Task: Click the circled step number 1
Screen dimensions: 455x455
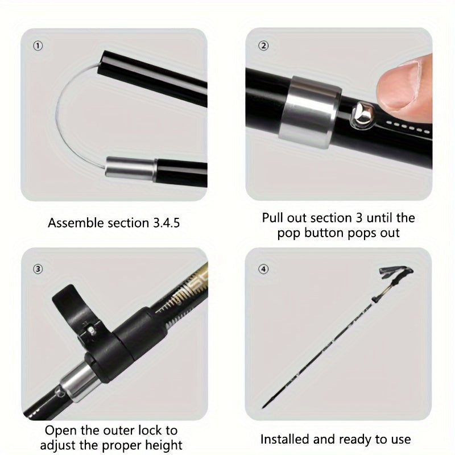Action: pyautogui.click(x=38, y=45)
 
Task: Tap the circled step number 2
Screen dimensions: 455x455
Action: pyautogui.click(x=263, y=45)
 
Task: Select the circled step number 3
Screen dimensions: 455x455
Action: pyautogui.click(x=38, y=269)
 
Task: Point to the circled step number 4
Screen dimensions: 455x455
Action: pyautogui.click(x=263, y=269)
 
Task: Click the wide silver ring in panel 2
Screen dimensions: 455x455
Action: pyautogui.click(x=309, y=112)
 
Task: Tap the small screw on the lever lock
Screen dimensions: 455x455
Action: pyautogui.click(x=92, y=330)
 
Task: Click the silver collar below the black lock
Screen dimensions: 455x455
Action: pyautogui.click(x=79, y=382)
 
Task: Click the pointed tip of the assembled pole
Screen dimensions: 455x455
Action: pyautogui.click(x=263, y=407)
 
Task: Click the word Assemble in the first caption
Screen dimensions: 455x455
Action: pyautogui.click(x=76, y=223)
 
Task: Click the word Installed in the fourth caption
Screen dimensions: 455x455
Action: pyautogui.click(x=285, y=439)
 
